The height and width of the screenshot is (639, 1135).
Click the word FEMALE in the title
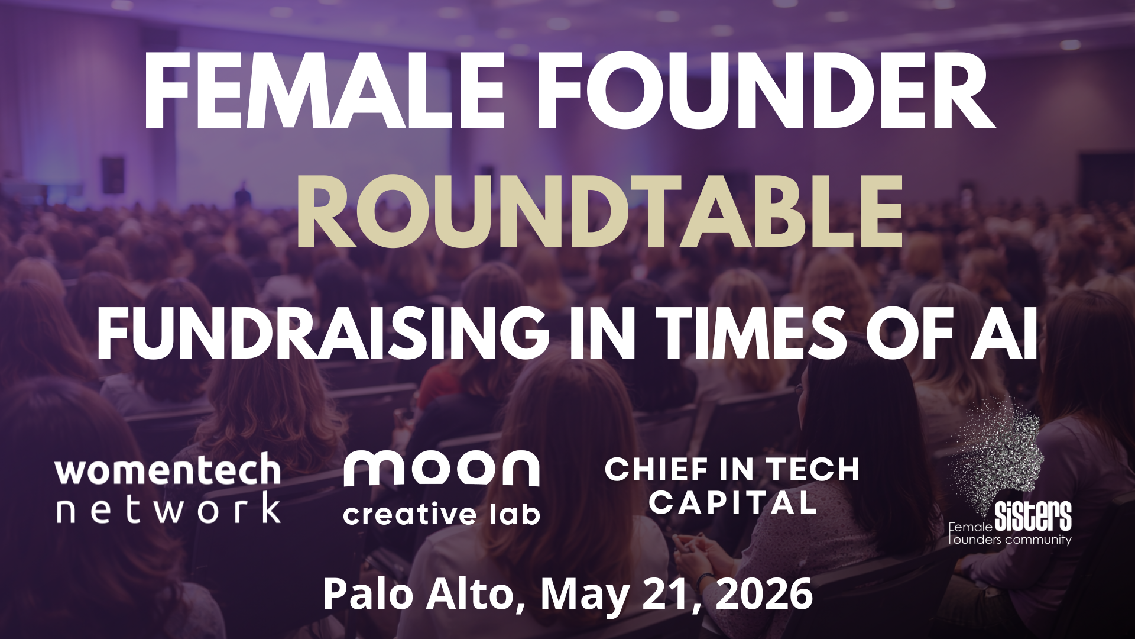pyautogui.click(x=324, y=91)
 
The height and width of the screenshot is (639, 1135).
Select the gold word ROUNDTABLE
pyautogui.click(x=599, y=211)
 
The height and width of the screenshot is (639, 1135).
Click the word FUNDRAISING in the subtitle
pyautogui.click(x=323, y=334)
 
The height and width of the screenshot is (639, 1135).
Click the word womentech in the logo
pyautogui.click(x=168, y=470)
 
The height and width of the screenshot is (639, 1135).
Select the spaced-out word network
pyautogui.click(x=168, y=508)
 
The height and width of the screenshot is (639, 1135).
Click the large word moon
pyautogui.click(x=441, y=469)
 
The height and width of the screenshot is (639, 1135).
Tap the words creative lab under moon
pyautogui.click(x=441, y=514)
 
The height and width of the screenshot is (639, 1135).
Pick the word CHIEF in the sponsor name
pyautogui.click(x=657, y=470)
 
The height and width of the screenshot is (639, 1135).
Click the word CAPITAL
pyautogui.click(x=732, y=503)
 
